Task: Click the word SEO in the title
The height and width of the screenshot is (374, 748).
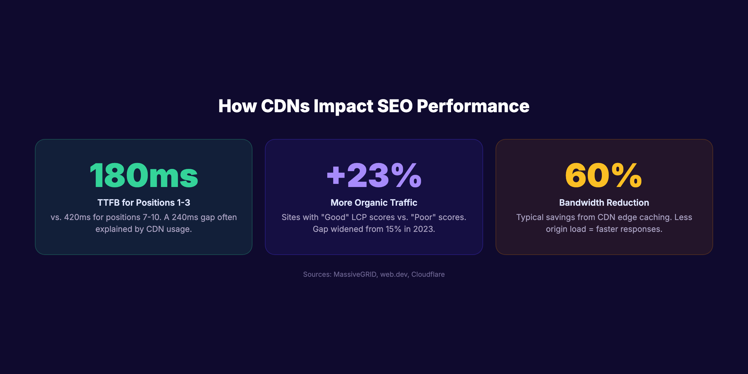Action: tap(395, 106)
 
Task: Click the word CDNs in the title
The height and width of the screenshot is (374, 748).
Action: tap(285, 106)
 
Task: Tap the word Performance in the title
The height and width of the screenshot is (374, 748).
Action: tap(473, 106)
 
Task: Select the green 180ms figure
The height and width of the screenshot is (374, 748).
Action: tap(144, 175)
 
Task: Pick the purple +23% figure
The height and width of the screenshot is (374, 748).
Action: tap(374, 175)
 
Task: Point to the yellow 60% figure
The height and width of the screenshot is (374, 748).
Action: tap(604, 175)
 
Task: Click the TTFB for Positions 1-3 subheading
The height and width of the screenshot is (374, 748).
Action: tap(144, 203)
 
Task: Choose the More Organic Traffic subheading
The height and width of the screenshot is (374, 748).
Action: tap(374, 203)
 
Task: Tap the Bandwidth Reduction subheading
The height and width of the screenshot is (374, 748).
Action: tap(604, 203)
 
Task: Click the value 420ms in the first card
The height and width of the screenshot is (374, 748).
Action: tap(77, 217)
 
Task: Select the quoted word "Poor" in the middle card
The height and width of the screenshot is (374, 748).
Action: tap(423, 217)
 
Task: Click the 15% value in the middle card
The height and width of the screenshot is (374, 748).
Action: tap(393, 229)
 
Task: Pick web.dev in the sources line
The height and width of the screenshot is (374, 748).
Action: tap(394, 274)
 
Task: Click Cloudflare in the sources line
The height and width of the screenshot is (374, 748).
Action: tap(428, 274)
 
